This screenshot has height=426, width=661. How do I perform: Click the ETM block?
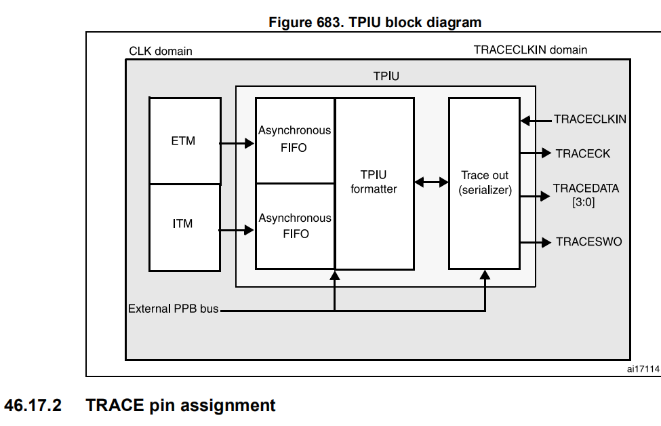pos(184,141)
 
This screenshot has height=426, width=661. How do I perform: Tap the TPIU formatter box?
pos(374,182)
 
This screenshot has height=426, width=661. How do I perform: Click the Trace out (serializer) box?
pos(484,182)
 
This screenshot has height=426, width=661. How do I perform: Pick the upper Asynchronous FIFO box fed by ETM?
pos(294,140)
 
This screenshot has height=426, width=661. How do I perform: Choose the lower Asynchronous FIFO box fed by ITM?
pos(294,226)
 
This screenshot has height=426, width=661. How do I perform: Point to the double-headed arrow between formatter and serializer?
pos(431,182)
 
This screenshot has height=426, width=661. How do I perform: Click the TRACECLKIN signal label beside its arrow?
pos(590,119)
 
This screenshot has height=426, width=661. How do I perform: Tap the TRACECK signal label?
pos(582,154)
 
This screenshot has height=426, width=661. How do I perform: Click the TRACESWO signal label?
pos(588,241)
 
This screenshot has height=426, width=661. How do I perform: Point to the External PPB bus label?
pos(174,309)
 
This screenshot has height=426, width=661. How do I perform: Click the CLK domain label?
pos(160,52)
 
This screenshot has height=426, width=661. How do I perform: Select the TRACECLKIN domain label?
pos(530,50)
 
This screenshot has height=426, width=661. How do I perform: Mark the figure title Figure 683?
pos(375,22)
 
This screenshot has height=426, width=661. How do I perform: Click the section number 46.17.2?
pos(33,406)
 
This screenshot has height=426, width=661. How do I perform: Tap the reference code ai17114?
pos(642,368)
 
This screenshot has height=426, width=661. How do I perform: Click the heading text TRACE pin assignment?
pos(180,406)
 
